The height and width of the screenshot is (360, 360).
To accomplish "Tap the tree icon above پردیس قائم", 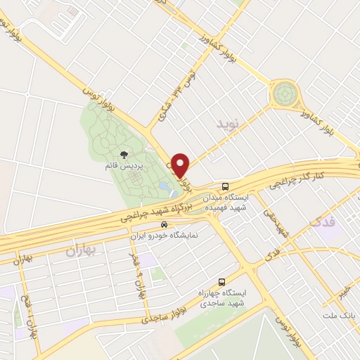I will point(124,154).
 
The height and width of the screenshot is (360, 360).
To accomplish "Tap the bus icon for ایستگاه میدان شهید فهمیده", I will point(225,186).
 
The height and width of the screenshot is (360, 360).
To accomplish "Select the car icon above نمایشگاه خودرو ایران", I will point(164,226).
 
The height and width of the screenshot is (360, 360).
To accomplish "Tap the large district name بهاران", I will point(84,250).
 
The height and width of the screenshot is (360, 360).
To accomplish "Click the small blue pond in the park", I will point(164,186).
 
